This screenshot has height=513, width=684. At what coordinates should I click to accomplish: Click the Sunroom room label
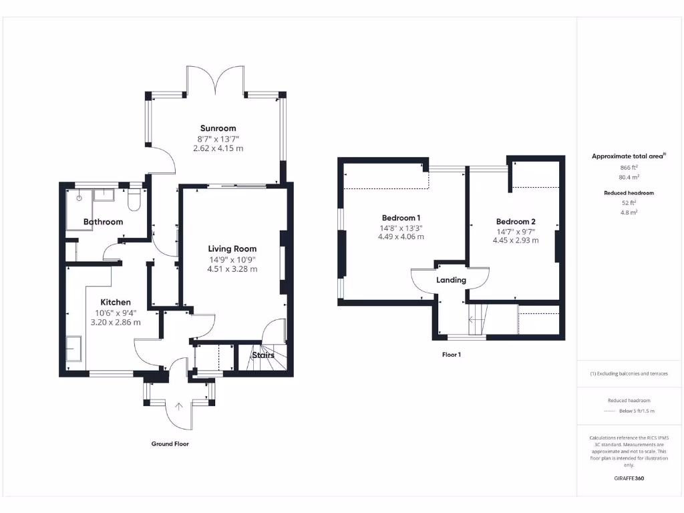[218, 128]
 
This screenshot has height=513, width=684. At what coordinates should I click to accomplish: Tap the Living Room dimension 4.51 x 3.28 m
[232, 269]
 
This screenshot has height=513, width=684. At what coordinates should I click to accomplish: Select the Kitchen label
[116, 302]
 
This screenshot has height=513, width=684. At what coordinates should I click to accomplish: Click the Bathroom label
[103, 222]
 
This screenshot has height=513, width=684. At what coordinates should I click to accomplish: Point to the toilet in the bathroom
[134, 200]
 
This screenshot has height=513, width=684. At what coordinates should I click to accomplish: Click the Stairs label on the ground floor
[263, 355]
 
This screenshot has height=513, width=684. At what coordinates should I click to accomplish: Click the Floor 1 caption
[451, 355]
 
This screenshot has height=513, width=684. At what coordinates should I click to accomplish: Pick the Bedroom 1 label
[401, 218]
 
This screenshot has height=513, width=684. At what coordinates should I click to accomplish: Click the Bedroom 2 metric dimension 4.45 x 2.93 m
[516, 240]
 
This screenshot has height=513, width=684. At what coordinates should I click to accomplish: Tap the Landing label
[451, 280]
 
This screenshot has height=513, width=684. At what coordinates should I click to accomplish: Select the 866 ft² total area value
[629, 168]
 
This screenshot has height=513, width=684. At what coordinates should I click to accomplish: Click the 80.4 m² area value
[629, 178]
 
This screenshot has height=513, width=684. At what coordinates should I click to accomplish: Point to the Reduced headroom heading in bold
[629, 192]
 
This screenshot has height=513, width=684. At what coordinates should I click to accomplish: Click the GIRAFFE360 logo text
[629, 478]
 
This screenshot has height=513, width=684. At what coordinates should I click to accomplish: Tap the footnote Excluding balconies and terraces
[629, 373]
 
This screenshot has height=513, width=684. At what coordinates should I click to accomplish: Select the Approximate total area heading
[628, 156]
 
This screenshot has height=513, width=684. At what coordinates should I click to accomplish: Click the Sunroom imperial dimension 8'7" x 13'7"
[218, 139]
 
